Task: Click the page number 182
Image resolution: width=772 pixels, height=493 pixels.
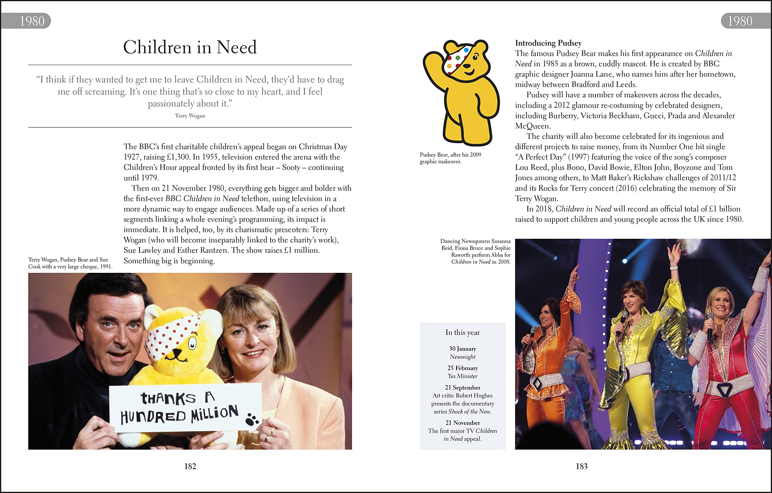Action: click(x=190, y=466)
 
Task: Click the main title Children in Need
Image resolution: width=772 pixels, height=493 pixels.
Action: click(x=190, y=47)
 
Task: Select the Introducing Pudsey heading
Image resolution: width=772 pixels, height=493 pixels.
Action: click(x=548, y=43)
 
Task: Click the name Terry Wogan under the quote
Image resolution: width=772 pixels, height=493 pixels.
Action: click(x=190, y=116)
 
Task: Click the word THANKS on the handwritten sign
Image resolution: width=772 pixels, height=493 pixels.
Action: click(x=168, y=398)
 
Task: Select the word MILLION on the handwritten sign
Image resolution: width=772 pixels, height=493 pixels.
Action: click(x=214, y=414)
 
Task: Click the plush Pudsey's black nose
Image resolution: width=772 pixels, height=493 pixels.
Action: click(x=176, y=352)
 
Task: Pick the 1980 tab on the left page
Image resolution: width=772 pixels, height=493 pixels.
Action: click(x=32, y=21)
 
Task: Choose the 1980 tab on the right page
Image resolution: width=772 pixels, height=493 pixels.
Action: click(x=740, y=21)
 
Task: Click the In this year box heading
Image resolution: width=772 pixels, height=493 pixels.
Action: click(x=462, y=332)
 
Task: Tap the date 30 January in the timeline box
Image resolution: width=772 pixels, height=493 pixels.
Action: click(x=462, y=349)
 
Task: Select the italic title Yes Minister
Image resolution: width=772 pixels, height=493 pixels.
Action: click(x=462, y=376)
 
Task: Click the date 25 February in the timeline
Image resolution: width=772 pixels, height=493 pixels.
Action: click(x=462, y=368)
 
